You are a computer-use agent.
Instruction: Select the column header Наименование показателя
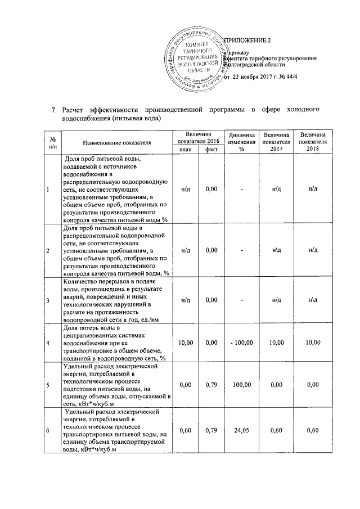pos(116,142)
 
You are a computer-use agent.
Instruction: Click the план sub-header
pos(185,150)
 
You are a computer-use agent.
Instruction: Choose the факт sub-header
pos(211,150)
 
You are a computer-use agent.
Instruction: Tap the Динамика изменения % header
pos(242,142)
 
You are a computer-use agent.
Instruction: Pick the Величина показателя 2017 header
pos(276,142)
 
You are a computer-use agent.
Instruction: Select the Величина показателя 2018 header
pos(313,142)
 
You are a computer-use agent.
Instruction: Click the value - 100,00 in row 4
pos(242,343)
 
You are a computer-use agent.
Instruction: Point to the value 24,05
pos(242,430)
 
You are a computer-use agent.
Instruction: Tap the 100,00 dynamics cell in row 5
pos(242,385)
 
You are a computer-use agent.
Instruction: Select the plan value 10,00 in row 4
pos(185,343)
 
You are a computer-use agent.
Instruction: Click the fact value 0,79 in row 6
pos(211,430)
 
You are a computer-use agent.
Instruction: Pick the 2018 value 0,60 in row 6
pos(313,430)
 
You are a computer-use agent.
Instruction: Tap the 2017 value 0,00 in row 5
pos(276,385)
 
